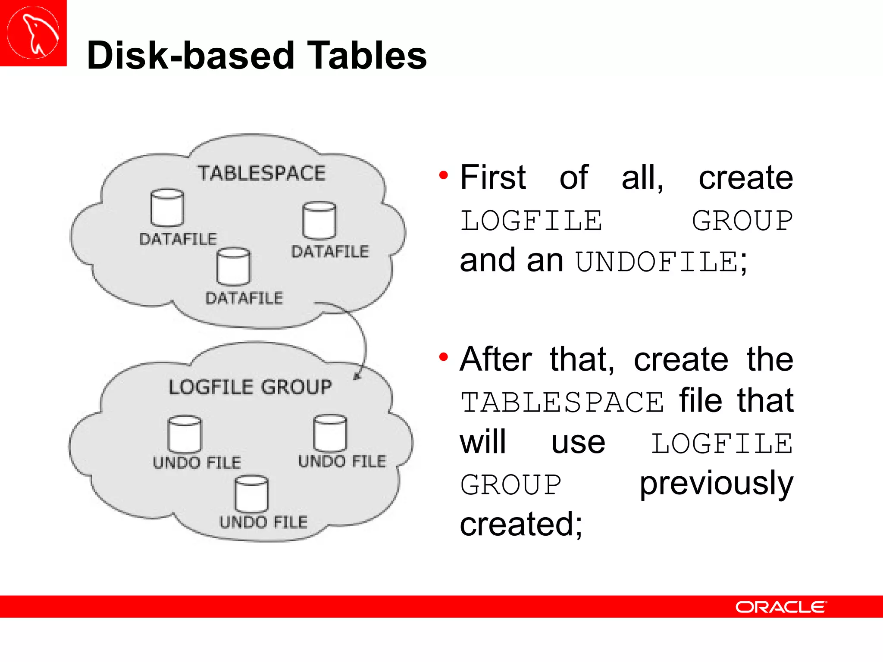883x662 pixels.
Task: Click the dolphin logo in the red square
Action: point(34,33)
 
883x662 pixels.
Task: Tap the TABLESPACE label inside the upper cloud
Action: point(262,173)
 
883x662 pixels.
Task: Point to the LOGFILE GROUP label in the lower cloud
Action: point(250,387)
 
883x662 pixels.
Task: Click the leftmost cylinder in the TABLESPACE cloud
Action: point(167,208)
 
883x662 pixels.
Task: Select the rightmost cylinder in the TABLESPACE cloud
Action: point(319,220)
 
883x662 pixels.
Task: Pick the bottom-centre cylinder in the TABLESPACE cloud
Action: point(233,266)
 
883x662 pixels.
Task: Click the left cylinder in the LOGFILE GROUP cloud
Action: point(185,434)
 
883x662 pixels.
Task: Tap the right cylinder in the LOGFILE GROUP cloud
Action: point(330,433)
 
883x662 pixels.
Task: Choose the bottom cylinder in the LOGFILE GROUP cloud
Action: point(251,493)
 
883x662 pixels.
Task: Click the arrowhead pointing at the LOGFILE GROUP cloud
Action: point(357,377)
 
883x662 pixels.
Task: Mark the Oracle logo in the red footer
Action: point(781,607)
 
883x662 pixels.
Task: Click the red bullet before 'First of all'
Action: point(444,175)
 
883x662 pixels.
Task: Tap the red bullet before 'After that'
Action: point(444,357)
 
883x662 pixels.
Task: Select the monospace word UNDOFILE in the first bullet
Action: point(657,262)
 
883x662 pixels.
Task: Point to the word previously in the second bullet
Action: point(716,484)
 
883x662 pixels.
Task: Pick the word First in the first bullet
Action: point(493,177)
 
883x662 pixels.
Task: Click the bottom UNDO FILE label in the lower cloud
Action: point(263,522)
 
